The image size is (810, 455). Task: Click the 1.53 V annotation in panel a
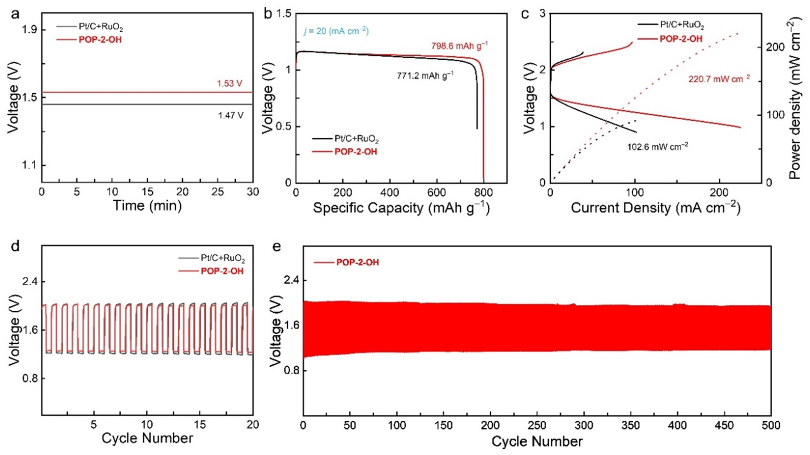229,83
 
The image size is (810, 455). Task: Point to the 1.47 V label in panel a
231,115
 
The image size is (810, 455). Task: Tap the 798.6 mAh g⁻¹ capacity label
459,46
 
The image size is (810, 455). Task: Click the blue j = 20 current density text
336,31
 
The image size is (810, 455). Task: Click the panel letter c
525,14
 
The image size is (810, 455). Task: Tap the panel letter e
277,246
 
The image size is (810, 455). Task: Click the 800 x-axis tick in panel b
483,193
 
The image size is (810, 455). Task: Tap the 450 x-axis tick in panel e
724,425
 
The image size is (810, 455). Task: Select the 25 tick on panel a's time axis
218,192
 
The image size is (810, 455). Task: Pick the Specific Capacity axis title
401,208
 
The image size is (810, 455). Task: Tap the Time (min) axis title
147,206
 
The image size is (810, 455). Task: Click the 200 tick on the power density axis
776,47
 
